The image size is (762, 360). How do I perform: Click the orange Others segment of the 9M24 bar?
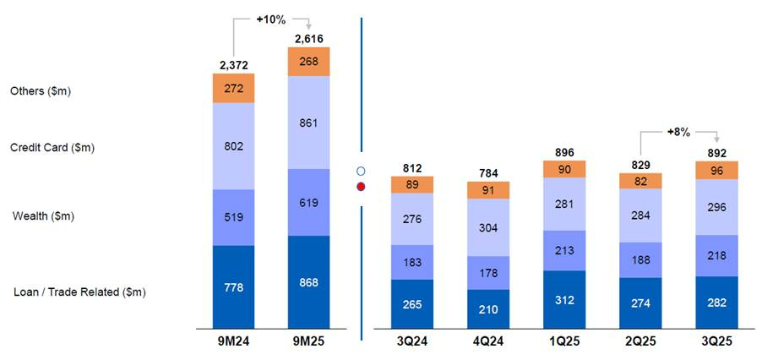point(234,88)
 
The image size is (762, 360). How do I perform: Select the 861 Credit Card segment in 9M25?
point(308,123)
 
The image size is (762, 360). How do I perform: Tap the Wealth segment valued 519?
point(234,217)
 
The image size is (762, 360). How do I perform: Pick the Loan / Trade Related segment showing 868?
point(308,282)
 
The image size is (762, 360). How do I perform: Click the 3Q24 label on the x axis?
point(411,341)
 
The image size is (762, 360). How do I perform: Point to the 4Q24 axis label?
point(487,341)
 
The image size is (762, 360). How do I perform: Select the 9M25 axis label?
point(308,341)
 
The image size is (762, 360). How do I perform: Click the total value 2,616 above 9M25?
point(308,39)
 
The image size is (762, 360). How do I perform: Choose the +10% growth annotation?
point(271,18)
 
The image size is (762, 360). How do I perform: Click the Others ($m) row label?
point(41,90)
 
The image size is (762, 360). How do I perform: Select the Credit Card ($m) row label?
point(52,148)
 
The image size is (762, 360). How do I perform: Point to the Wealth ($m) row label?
point(43,216)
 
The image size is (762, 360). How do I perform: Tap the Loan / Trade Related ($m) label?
point(80,292)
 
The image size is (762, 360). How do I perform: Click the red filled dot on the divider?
point(361,186)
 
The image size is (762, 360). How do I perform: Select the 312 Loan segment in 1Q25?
point(563,299)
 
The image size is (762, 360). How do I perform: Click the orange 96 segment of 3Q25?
point(716,169)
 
